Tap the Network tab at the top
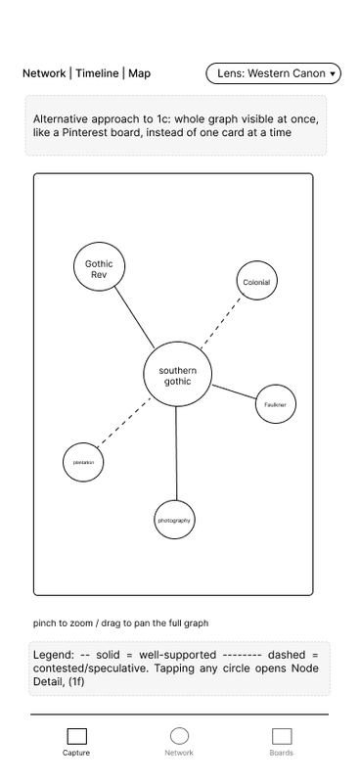44,73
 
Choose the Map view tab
139,73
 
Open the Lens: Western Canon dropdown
274,73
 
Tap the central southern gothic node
178,376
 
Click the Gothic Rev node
99,266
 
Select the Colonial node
256,281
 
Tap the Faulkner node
276,404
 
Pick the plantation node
83,462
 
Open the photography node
174,520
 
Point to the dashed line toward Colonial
220,323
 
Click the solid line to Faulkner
234,392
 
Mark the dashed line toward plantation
124,422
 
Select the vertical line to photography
176,454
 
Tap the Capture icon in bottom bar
77,736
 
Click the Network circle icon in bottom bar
179,736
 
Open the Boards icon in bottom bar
282,736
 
